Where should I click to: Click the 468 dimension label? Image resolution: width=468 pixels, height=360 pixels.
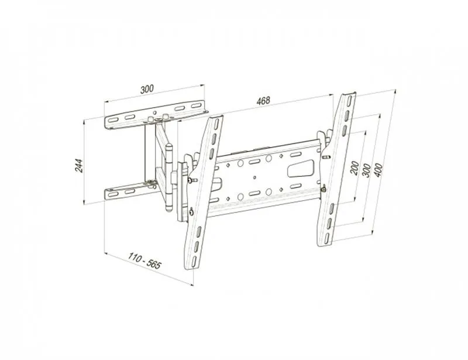(263, 100)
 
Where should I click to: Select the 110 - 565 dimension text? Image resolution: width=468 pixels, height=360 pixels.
(144, 261)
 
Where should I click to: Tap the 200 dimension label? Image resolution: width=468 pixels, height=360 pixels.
(355, 168)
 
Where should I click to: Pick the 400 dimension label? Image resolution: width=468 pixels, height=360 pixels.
(378, 170)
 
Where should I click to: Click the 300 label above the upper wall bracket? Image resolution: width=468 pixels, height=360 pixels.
(147, 89)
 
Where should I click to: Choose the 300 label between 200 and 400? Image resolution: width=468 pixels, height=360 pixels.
(366, 170)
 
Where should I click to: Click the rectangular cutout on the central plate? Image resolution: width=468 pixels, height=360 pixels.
(301, 169)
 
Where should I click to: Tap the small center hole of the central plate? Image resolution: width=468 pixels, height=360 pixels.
(254, 177)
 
